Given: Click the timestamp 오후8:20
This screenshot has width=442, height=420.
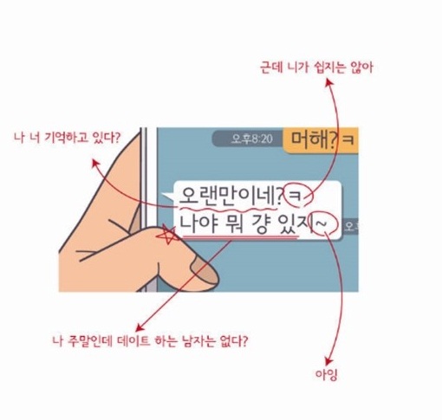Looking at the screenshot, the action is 252,139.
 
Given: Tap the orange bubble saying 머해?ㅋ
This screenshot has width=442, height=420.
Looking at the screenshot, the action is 321,139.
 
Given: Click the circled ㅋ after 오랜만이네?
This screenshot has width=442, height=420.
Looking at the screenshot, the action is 298,196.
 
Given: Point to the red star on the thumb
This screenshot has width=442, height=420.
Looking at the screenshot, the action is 166,235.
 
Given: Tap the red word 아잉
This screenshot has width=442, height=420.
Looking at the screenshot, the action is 326,375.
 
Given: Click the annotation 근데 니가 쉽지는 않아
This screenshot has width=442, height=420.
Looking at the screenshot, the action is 316,68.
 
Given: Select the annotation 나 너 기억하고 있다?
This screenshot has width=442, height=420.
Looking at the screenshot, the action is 67,138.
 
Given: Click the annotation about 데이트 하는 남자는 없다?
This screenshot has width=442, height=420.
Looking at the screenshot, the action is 150,341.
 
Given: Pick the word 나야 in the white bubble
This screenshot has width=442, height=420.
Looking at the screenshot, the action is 198,223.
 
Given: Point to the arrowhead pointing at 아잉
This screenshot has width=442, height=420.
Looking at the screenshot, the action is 328,361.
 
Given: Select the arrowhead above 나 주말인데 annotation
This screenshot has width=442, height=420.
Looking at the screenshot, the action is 140,326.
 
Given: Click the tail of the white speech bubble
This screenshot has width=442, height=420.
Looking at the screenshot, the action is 168,197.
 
